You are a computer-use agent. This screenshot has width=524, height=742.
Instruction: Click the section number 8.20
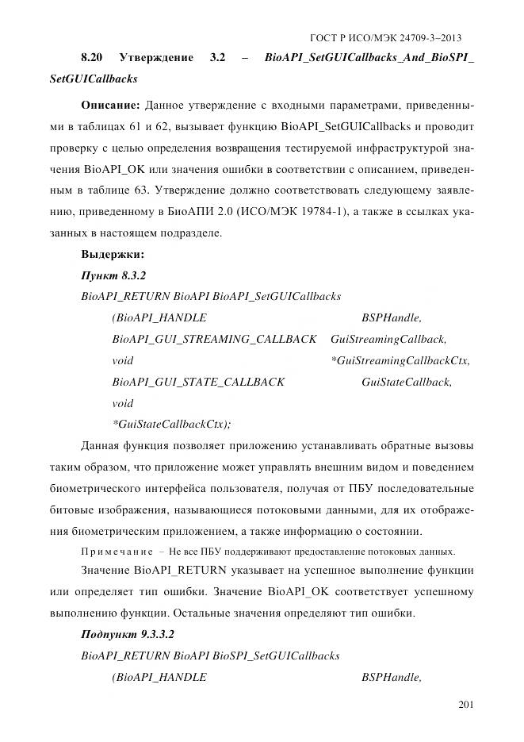click(96, 59)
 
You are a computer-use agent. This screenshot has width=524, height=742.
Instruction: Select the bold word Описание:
click(110, 105)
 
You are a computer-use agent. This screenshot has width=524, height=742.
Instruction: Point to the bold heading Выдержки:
click(112, 255)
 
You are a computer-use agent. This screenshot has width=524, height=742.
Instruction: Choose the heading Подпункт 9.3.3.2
click(127, 636)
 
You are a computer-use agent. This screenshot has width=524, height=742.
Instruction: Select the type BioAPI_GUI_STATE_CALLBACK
click(198, 383)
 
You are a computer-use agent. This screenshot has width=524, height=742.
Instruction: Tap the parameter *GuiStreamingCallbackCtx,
click(401, 361)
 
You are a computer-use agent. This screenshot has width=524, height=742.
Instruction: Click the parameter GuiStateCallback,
click(407, 383)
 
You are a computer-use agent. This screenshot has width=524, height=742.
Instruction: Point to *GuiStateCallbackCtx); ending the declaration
click(172, 425)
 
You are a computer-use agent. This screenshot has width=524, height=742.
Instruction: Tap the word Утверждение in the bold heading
click(155, 59)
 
